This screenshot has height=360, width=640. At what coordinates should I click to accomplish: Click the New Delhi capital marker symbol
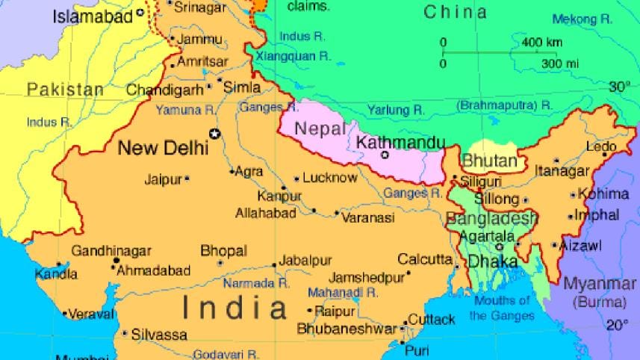(x=216, y=134)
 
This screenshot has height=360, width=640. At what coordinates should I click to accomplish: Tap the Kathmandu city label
(x=401, y=142)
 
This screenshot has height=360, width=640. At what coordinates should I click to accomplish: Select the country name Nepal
(x=321, y=128)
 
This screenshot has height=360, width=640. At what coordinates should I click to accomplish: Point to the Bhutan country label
(x=489, y=161)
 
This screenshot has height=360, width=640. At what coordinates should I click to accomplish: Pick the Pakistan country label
(x=65, y=90)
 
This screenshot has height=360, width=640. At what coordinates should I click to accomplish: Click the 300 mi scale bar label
(x=559, y=63)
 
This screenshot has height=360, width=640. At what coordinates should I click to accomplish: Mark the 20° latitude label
(x=617, y=325)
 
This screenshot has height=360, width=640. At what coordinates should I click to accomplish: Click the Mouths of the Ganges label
(x=502, y=308)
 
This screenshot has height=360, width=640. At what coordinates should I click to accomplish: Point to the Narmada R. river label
(x=256, y=284)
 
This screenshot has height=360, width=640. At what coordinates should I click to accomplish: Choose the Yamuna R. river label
(x=184, y=110)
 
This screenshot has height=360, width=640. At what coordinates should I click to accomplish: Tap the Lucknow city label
(x=330, y=178)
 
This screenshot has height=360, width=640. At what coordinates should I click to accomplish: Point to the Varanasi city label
(x=367, y=218)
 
